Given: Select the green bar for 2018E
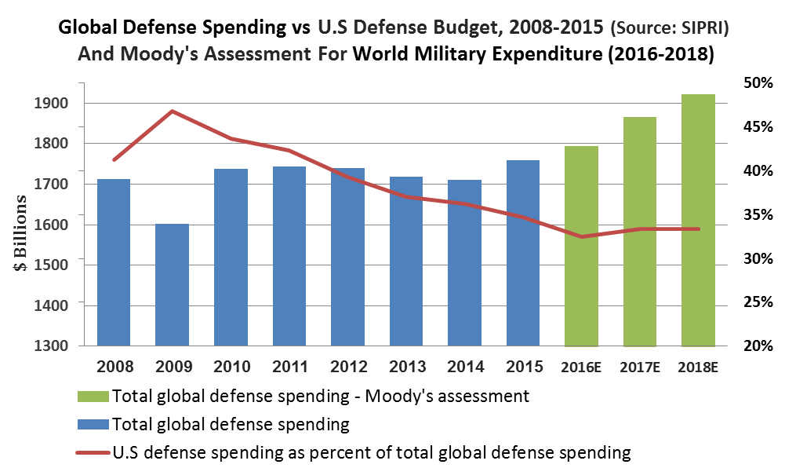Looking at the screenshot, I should pyautogui.click(x=698, y=220).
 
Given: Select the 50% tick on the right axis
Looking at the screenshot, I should pyautogui.click(x=758, y=83).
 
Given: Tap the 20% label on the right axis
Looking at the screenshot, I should pyautogui.click(x=758, y=346).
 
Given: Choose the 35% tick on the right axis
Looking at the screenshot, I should pyautogui.click(x=758, y=214).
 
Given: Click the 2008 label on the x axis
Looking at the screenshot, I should pyautogui.click(x=114, y=367).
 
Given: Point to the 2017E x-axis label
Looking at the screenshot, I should pyautogui.click(x=640, y=367).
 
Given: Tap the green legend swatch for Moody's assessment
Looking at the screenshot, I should pyautogui.click(x=93, y=395).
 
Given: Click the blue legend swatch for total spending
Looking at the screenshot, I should pyautogui.click(x=93, y=424).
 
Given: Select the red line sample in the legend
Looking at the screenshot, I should pyautogui.click(x=93, y=452).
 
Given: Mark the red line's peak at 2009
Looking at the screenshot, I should pyautogui.click(x=172, y=112).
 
